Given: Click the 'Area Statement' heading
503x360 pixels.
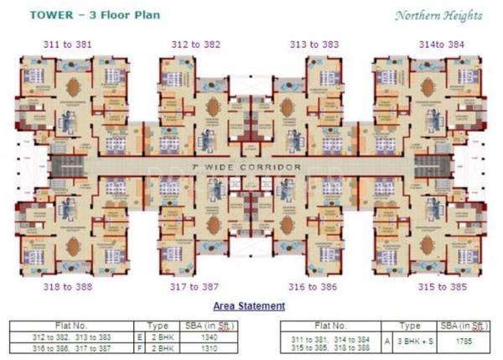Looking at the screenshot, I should click(249, 306).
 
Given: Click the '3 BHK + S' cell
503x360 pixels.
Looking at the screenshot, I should click(410, 341).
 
